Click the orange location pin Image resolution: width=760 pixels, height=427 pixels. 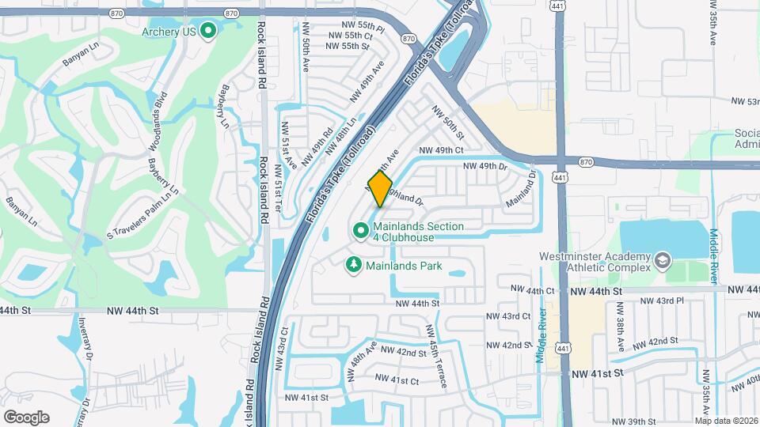tap(381, 190)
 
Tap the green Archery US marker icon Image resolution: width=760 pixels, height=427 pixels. tap(209, 32)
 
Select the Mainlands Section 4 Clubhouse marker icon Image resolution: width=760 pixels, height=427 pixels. tap(360, 231)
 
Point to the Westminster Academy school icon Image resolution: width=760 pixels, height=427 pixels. tap(662, 261)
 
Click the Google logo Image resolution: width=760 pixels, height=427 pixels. tap(26, 417)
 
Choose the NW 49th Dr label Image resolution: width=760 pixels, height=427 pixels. tap(484, 166)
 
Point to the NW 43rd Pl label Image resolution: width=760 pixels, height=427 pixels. tap(661, 301)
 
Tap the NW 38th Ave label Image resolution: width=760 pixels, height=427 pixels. tap(621, 335)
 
